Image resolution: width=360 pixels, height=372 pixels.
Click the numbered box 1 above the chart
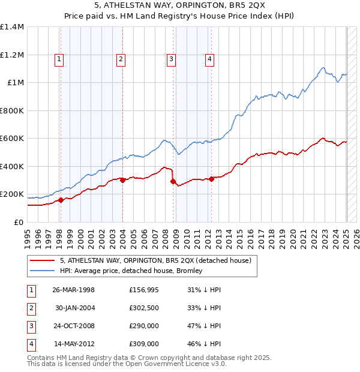coord(60,59)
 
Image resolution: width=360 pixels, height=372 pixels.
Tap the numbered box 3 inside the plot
coord(171,59)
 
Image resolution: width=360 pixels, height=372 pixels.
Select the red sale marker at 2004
coord(122,180)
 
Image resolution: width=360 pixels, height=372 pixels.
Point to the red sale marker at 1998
coord(61,200)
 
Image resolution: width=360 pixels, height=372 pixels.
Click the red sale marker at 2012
coord(212,179)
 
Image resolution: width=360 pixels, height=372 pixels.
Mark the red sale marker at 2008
coord(173,181)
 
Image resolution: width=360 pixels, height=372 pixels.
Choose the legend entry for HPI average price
coord(131,271)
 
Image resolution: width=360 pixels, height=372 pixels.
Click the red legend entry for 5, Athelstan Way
coord(158,260)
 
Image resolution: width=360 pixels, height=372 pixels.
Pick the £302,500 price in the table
coord(144,308)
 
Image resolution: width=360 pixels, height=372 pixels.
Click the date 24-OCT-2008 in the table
coord(74,326)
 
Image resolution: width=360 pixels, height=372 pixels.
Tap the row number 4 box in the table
coord(30,344)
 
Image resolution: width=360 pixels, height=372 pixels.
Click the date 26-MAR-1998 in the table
coord(74,290)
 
